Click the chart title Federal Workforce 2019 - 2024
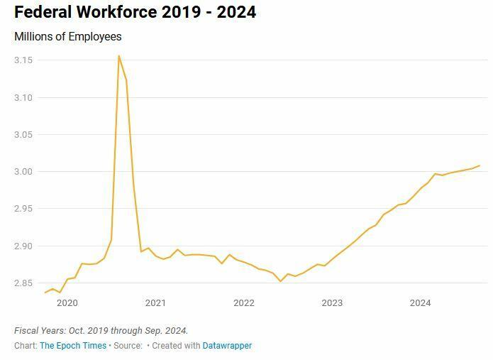coord(135,12)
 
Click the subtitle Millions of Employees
coord(68,36)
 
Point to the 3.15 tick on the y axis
coord(23,60)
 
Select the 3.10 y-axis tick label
coord(23,97)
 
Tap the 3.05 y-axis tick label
coord(23,135)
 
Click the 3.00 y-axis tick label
coord(23,172)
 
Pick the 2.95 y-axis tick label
coord(23,209)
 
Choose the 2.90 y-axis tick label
coord(23,246)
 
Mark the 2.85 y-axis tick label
coord(23,283)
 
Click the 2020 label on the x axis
coord(67,303)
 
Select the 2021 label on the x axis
coord(155,303)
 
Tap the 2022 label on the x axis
coord(243,303)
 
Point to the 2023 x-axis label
coord(332,303)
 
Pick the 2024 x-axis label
coord(420,303)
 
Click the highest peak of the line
coord(118,55)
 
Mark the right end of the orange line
coord(480,165)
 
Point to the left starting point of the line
coord(45,293)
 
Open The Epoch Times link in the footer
coord(73,346)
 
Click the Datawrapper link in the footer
coord(227,346)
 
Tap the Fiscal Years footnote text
coord(101,331)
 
